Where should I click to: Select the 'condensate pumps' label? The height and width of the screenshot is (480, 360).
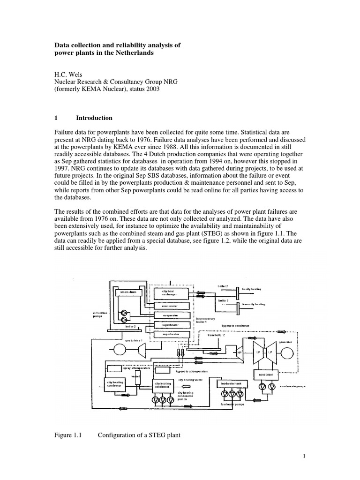[x=294, y=387]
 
